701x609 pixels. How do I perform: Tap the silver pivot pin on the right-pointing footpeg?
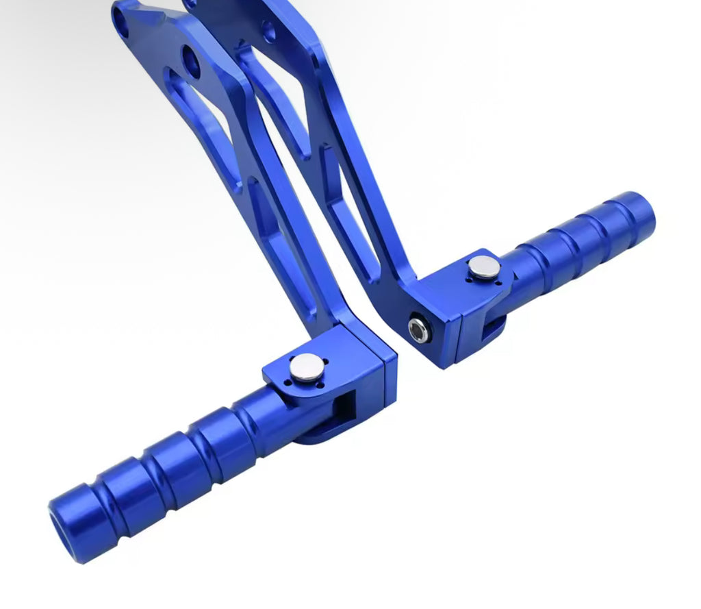[x=485, y=267]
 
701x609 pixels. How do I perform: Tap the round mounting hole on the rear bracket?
[x=269, y=31]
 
